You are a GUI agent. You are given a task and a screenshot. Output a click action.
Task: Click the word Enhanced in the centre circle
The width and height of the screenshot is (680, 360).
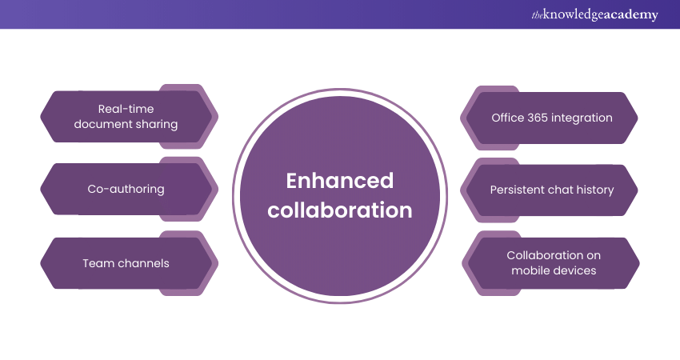(x=339, y=181)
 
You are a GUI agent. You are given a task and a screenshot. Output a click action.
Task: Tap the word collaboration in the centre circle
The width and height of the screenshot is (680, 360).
(x=339, y=210)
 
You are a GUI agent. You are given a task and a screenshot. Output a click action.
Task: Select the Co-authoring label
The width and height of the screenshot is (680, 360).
(x=126, y=189)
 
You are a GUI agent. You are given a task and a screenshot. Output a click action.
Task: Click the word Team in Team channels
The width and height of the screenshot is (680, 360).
(x=95, y=263)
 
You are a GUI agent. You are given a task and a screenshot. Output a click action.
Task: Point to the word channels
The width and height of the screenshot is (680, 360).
(x=140, y=263)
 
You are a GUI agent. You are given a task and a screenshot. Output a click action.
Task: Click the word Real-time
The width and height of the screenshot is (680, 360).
(x=126, y=109)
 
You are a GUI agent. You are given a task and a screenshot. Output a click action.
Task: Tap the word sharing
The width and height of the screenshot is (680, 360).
(x=157, y=125)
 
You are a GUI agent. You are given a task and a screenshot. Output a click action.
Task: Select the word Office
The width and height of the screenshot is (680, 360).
(x=508, y=118)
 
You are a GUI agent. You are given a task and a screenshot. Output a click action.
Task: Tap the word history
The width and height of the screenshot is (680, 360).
(x=595, y=190)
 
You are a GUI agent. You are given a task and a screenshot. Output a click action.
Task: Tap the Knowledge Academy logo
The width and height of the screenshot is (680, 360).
(x=594, y=14)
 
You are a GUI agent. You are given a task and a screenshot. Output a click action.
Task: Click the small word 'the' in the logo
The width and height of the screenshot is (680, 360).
(x=537, y=15)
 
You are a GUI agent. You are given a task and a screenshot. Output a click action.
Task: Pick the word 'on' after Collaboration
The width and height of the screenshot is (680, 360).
(x=594, y=255)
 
